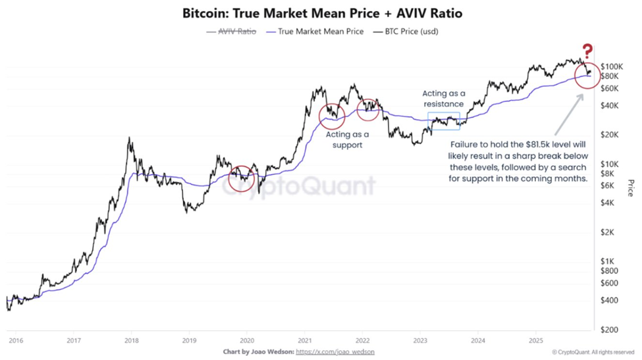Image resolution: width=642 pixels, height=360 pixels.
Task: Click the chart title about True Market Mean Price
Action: click(321, 13)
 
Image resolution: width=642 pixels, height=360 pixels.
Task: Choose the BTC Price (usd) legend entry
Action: click(406, 31)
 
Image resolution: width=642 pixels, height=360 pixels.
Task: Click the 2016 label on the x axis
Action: click(16, 340)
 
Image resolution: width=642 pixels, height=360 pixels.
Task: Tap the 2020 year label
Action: click(247, 340)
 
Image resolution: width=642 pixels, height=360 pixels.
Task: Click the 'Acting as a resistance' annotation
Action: click(443, 99)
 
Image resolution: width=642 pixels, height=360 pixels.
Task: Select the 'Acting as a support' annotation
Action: click(348, 140)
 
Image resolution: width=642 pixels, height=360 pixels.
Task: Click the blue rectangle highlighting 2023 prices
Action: click(444, 121)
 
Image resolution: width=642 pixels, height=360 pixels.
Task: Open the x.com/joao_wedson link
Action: click(337, 352)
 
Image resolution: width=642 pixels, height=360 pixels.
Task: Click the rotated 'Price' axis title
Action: click(630, 188)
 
